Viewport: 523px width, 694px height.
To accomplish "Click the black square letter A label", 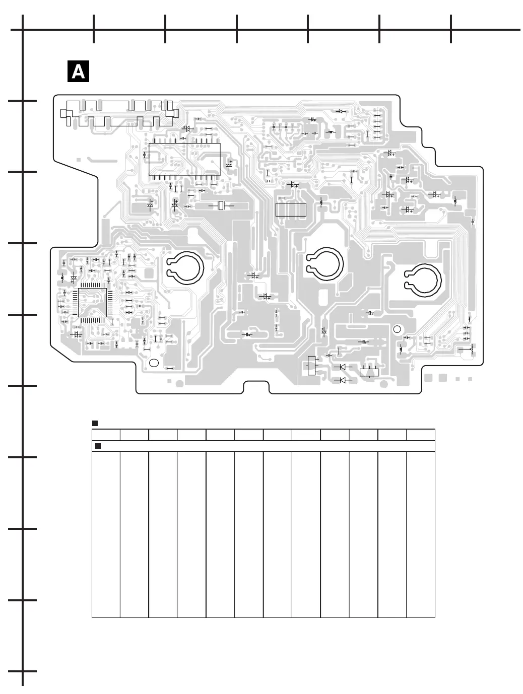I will pos(78,72).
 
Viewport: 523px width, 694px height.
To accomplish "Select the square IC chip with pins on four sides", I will pos(92,302).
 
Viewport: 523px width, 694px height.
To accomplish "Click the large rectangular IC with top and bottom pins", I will pos(184,159).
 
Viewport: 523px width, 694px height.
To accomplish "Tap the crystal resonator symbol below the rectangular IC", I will pos(221,205).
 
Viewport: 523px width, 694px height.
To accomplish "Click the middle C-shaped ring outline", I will pos(325,265).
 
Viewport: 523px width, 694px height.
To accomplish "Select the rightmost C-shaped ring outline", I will pos(423,280).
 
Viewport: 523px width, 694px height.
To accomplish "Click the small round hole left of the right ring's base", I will pos(397,329).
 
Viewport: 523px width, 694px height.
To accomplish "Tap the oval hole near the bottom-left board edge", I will pos(154,363).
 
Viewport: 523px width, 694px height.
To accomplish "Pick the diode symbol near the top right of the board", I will pos(341,111).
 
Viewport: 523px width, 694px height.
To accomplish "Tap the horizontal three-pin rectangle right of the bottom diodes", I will pos(369,373).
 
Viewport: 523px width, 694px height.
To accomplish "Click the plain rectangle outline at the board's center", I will pos(291,210).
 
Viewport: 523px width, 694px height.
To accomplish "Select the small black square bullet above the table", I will pos(94,423).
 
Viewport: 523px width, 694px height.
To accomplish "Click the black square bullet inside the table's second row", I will pos(98,446).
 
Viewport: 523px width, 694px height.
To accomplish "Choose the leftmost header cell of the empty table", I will pos(106,435).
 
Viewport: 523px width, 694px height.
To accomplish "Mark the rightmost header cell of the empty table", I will pos(421,435).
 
